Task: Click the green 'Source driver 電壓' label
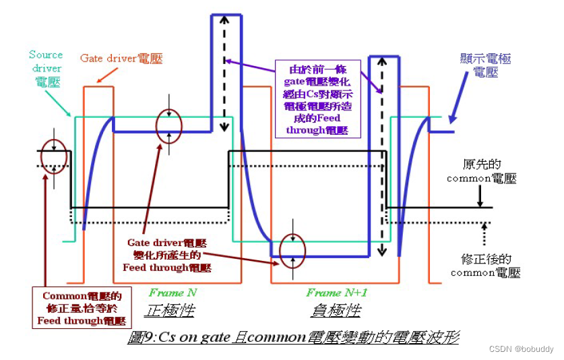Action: pos(46,68)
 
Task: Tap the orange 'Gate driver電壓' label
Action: pos(121,59)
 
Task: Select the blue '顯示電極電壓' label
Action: pos(485,65)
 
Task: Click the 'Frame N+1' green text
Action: pos(336,293)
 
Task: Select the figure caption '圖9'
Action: pos(293,337)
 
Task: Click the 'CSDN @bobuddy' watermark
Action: pos(521,349)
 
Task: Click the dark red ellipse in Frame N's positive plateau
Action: pos(168,124)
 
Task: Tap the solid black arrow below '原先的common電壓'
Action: pos(479,195)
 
